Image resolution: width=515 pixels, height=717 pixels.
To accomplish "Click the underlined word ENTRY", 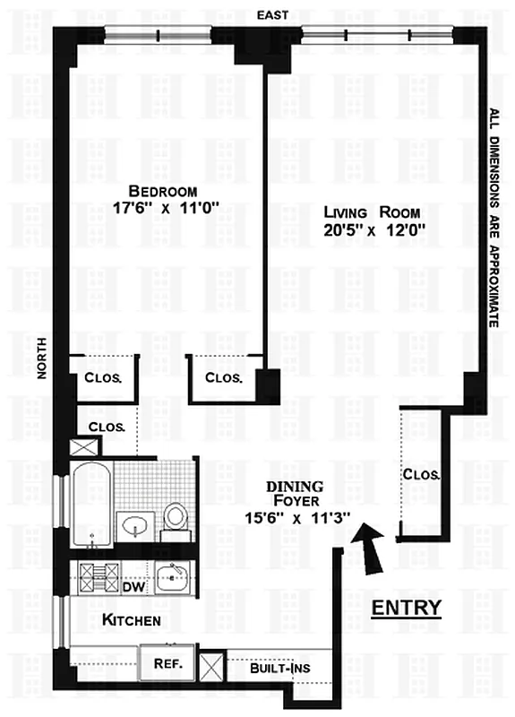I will (407, 609).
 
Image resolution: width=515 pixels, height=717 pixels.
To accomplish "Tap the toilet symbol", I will (176, 518).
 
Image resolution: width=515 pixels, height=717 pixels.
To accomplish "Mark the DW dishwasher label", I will (133, 587).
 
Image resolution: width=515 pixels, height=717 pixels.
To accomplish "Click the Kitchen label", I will (132, 620).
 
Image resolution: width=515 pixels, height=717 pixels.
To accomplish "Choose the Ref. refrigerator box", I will (168, 664).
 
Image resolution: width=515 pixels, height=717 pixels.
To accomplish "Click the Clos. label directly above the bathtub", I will (107, 427).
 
